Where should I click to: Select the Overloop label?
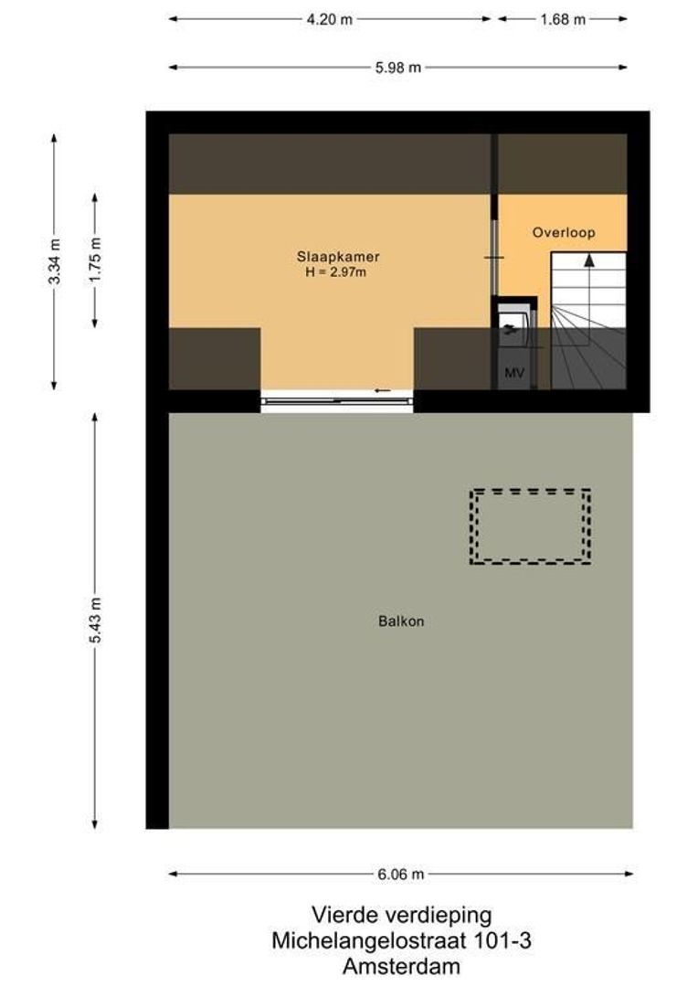[564, 233]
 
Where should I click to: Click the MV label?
[513, 373]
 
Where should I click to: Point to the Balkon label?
[402, 621]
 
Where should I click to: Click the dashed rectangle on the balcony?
[530, 526]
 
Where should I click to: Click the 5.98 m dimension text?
[399, 67]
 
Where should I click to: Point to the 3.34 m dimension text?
[54, 261]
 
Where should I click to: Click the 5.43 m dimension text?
[96, 621]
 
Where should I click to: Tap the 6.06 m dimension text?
[401, 875]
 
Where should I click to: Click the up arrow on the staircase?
[589, 260]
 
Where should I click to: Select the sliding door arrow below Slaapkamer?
[382, 391]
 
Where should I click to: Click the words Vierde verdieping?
[401, 915]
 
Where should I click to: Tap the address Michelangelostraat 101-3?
[401, 939]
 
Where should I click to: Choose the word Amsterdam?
[401, 965]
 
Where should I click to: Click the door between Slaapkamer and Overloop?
[494, 258]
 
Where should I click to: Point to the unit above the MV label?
[513, 327]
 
